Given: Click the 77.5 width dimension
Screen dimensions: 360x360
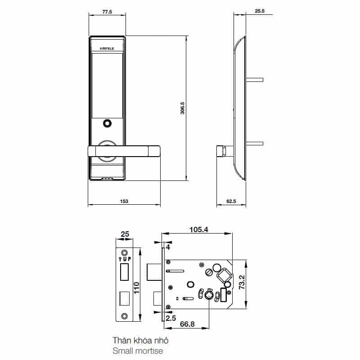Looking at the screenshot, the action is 107,12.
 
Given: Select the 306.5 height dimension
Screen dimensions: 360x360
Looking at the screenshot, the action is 182,108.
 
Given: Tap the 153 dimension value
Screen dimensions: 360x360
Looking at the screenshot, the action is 124,201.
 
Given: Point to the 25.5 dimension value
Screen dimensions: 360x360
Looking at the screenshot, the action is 260,11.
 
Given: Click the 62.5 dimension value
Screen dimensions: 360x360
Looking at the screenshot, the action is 231,201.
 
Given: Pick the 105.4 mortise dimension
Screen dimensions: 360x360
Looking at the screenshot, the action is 199,229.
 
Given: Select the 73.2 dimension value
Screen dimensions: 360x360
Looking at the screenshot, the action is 242,282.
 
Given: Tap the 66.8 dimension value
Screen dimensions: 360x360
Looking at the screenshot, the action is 187,324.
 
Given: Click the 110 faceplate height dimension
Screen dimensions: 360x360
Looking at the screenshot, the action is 136,288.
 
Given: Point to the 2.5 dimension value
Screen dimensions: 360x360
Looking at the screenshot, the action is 171,318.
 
